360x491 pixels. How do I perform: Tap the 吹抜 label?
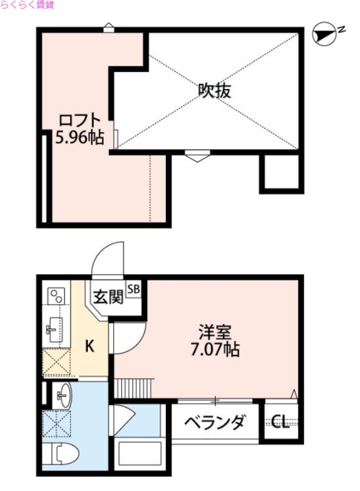[x=214, y=91]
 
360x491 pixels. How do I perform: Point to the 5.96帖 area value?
[x=79, y=137]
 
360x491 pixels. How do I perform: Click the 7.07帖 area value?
[x=214, y=350]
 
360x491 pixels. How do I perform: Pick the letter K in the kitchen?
[x=89, y=347]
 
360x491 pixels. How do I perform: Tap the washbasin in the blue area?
[x=62, y=393]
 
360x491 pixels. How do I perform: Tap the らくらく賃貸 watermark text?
[x=27, y=5]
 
